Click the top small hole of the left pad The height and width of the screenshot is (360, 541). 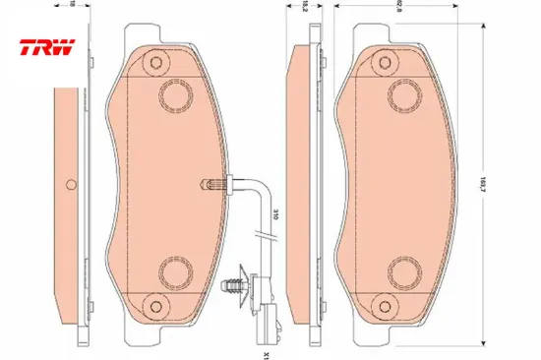(x=155, y=64)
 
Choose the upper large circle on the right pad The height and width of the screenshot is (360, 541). (x=403, y=94)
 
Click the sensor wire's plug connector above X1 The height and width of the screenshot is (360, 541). (x=263, y=313)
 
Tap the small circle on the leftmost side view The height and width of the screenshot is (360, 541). (x=70, y=185)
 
